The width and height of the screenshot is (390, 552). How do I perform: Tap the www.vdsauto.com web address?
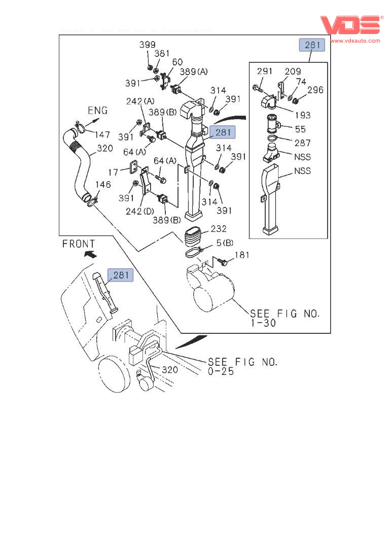[355, 41]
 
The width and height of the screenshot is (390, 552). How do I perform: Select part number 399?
[148, 45]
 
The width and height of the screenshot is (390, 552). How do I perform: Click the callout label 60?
[177, 62]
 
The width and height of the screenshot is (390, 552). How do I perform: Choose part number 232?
[219, 229]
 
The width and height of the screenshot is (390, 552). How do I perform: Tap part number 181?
[241, 255]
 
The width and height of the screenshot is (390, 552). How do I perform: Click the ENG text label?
[98, 111]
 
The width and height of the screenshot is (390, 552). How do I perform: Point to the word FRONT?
[79, 244]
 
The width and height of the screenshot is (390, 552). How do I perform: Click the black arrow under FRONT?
[90, 254]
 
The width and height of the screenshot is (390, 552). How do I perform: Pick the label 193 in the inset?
[302, 115]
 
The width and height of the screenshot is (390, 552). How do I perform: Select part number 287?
[302, 143]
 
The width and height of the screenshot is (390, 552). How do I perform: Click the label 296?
[315, 90]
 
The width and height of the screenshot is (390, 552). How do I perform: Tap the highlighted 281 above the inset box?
[313, 45]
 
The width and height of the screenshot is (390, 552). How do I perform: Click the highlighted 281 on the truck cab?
[121, 275]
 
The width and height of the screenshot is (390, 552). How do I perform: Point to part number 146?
[103, 185]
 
